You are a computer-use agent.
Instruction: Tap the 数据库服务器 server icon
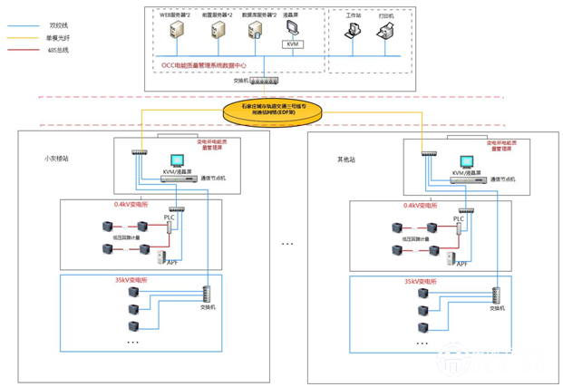pos(257,31)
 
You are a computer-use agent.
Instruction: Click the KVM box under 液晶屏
pos(292,44)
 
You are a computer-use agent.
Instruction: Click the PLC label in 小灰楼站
pos(169,218)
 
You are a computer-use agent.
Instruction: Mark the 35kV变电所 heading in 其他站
pos(422,282)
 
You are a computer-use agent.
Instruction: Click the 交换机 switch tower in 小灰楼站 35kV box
pos(206,295)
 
